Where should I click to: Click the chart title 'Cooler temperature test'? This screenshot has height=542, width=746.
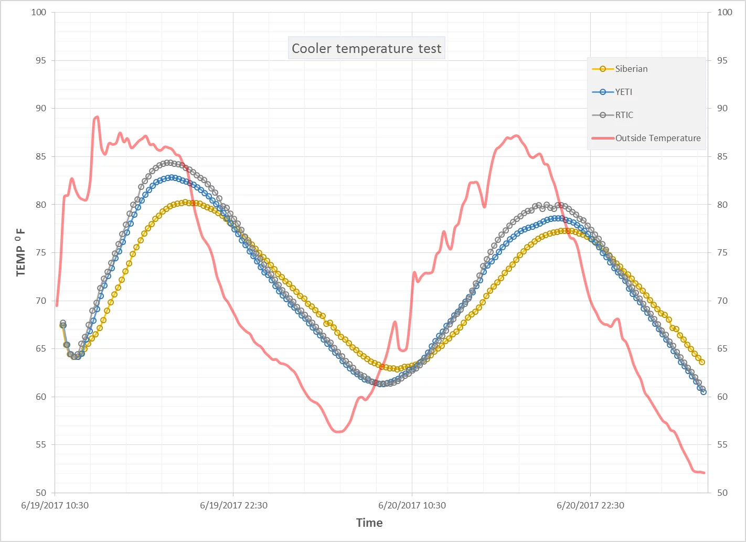pyautogui.click(x=366, y=48)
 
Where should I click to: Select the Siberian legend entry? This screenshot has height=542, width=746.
pyautogui.click(x=631, y=69)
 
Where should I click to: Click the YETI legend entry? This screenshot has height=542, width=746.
pyautogui.click(x=623, y=92)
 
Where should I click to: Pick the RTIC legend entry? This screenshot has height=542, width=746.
pyautogui.click(x=624, y=115)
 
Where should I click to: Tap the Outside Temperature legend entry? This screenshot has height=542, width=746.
pyautogui.click(x=657, y=138)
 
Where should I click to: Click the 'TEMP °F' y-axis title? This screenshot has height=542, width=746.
pyautogui.click(x=20, y=252)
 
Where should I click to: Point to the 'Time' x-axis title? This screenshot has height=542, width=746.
pyautogui.click(x=369, y=523)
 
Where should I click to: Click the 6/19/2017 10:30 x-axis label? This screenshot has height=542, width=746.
pyautogui.click(x=55, y=505)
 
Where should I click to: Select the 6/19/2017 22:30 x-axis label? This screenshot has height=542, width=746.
pyautogui.click(x=233, y=505)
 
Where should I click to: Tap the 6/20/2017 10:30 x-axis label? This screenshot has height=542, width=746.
pyautogui.click(x=412, y=505)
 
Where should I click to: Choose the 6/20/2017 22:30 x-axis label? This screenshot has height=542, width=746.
pyautogui.click(x=590, y=505)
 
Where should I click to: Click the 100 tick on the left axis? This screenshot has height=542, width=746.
pyautogui.click(x=39, y=12)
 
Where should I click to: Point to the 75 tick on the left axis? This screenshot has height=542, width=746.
pyautogui.click(x=41, y=252)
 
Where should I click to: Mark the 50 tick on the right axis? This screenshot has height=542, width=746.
pyautogui.click(x=722, y=493)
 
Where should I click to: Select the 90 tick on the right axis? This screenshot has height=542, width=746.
pyautogui.click(x=722, y=108)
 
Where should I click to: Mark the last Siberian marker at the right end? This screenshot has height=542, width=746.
pyautogui.click(x=702, y=362)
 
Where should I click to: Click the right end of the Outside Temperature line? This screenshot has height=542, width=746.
pyautogui.click(x=704, y=473)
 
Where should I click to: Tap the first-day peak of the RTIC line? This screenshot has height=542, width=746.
pyautogui.click(x=168, y=163)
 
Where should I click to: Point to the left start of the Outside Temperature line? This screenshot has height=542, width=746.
pyautogui.click(x=57, y=305)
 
